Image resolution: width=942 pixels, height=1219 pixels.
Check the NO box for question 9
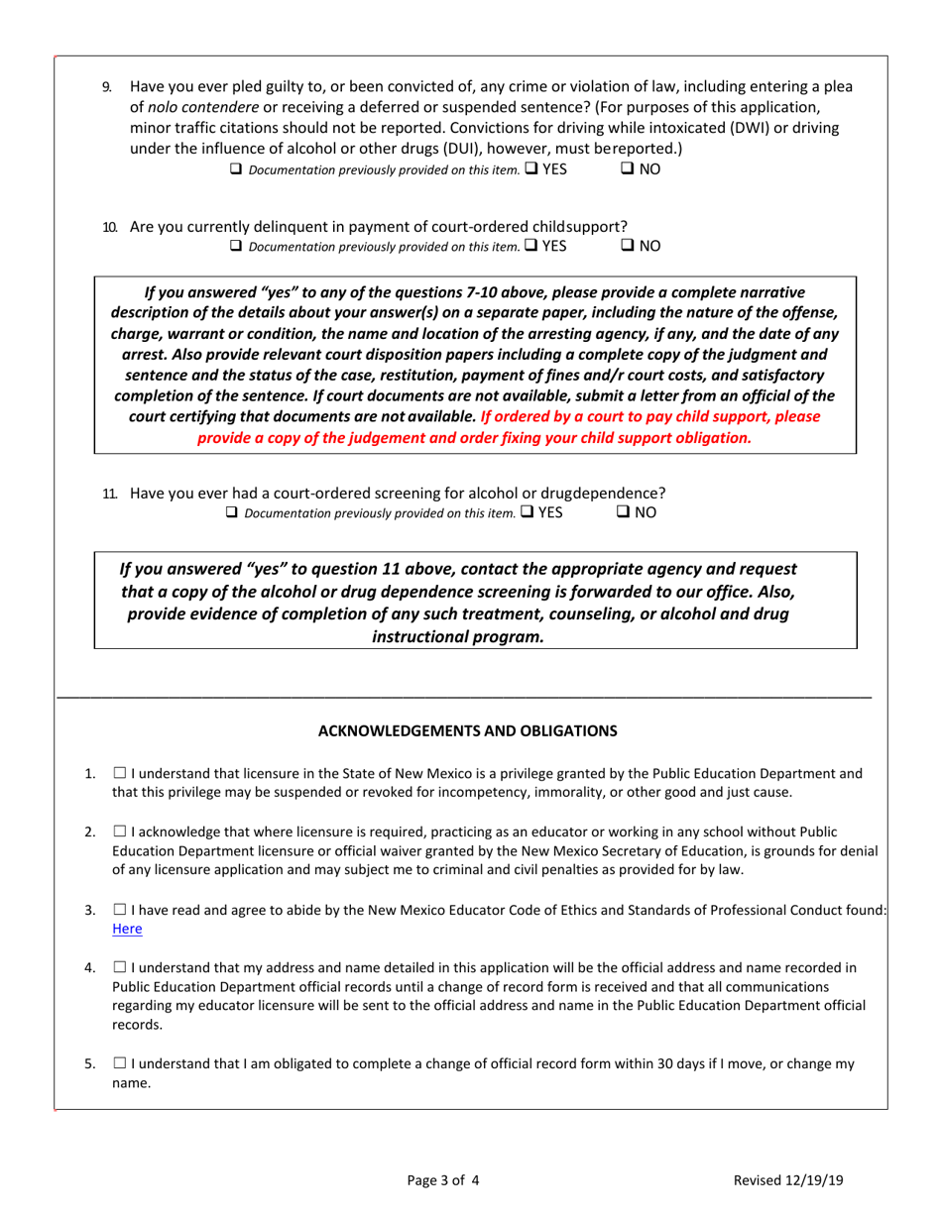[628, 168]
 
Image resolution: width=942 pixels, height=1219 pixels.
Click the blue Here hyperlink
[127, 929]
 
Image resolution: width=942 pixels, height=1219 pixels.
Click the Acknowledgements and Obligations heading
[467, 730]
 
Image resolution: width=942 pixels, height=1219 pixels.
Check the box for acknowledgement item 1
[119, 773]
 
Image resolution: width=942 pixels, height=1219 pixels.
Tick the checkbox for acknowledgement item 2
[119, 830]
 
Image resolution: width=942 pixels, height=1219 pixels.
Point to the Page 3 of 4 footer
[444, 1179]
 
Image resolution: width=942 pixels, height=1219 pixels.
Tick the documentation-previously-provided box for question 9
[236, 168]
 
